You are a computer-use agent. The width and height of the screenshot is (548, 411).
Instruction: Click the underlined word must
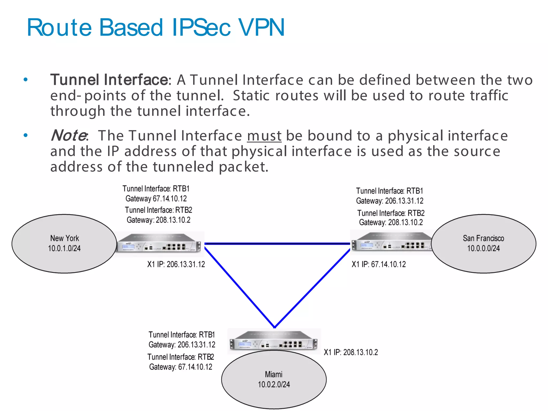tap(264, 136)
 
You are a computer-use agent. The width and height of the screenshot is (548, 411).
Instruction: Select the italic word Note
tap(68, 135)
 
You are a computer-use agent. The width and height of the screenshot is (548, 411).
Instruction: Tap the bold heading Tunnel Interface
tap(109, 80)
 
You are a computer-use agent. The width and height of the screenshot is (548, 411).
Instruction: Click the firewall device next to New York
tap(159, 243)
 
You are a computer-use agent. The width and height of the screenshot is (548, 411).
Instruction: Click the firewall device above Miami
tap(273, 341)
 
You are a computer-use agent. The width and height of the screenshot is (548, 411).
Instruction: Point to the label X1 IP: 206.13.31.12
tap(176, 264)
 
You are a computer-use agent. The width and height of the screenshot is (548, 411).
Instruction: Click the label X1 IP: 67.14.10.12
tap(378, 264)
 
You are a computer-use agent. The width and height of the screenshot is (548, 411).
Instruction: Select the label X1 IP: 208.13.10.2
tap(351, 352)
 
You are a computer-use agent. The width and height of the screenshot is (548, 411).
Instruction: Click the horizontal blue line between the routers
tap(277, 243)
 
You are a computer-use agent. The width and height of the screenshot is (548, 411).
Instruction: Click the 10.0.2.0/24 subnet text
tap(273, 385)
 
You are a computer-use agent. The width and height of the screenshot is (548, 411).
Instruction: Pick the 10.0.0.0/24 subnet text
tap(483, 248)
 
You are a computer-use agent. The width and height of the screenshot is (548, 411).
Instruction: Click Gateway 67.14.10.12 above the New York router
tap(156, 199)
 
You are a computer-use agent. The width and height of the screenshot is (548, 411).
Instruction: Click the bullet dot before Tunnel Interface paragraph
tap(25, 79)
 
